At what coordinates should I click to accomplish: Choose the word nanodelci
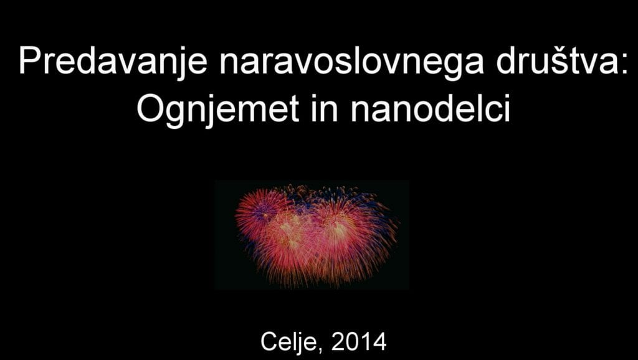[431, 108]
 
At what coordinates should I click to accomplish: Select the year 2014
[358, 342]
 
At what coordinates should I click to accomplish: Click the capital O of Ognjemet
[151, 108]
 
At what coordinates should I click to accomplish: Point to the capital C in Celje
[269, 342]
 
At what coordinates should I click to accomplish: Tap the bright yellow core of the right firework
[336, 225]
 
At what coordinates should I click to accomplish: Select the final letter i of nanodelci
[507, 108]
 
